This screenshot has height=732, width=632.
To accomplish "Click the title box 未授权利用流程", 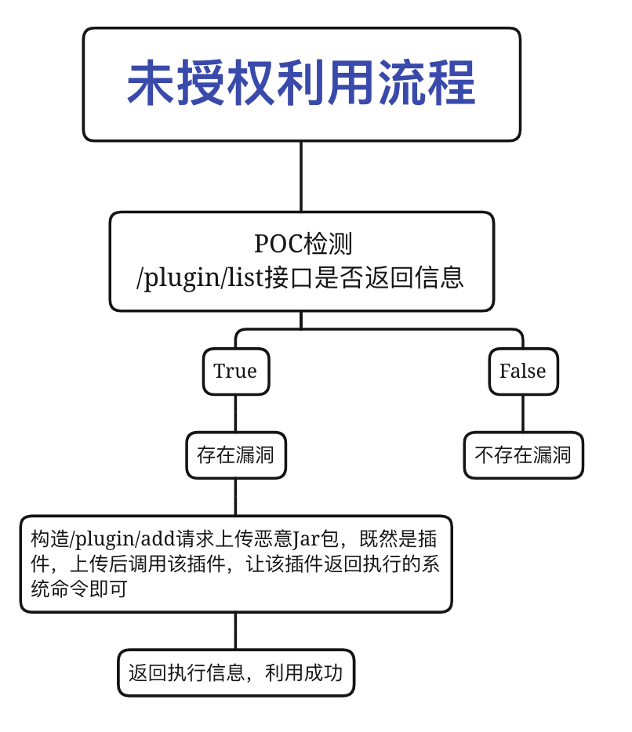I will [301, 85].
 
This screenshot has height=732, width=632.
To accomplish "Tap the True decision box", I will [235, 371].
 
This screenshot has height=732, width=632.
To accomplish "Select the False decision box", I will [522, 371].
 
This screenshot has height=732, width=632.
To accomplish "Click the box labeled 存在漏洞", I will [235, 455].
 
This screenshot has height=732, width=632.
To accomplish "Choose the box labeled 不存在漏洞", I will [523, 455].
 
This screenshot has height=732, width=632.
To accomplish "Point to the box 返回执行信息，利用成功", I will [235, 672].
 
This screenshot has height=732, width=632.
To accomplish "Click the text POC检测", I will [301, 244].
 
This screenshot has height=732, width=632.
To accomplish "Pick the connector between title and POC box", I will [301, 176].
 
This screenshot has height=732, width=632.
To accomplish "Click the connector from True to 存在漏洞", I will [235, 413].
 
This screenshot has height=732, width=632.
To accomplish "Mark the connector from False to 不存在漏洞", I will [523, 413].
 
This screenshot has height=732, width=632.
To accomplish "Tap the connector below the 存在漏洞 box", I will [235, 497].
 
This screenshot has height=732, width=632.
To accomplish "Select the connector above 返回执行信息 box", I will [235, 631].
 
